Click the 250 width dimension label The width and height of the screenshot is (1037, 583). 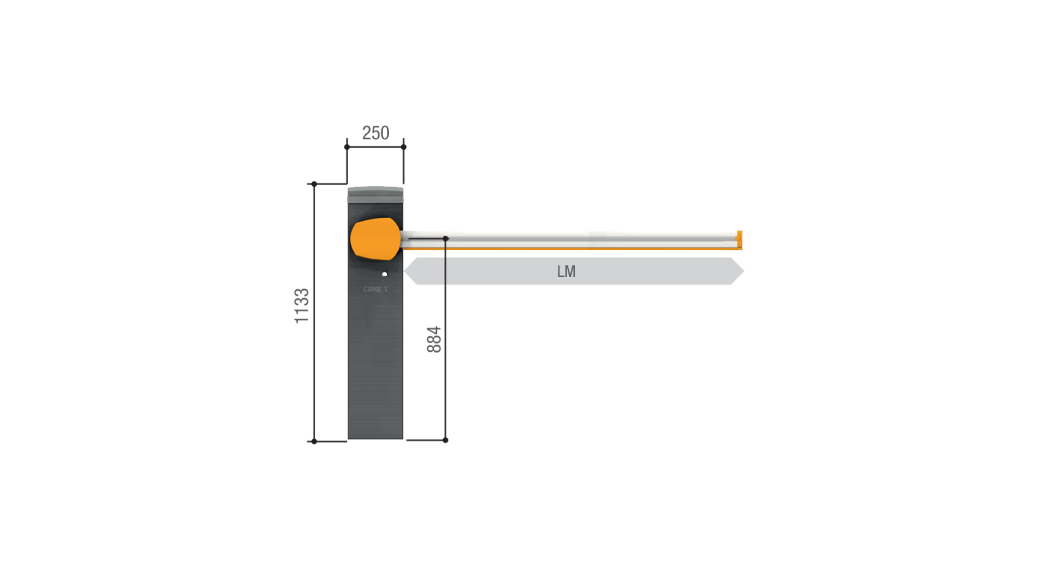(x=375, y=133)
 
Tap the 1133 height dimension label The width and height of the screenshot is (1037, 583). (x=302, y=306)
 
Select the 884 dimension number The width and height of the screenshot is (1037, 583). (x=434, y=339)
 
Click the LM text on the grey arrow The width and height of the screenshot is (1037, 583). (x=566, y=272)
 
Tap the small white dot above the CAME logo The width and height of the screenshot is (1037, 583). (x=384, y=274)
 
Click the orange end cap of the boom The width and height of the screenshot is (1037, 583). (x=739, y=240)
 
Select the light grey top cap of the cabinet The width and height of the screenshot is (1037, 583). (x=375, y=195)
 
